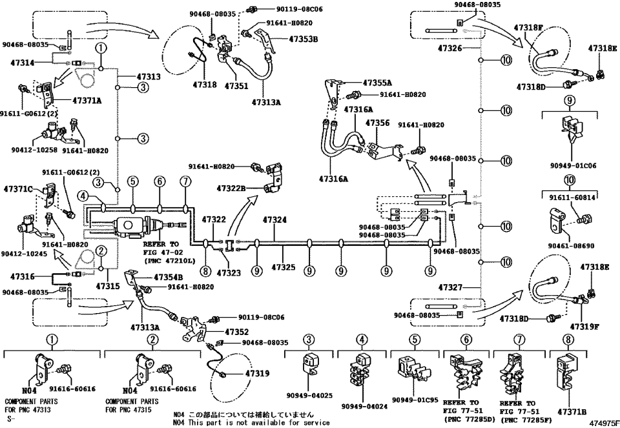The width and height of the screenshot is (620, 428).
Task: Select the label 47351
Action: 237,85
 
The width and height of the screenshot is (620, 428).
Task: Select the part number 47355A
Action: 377,83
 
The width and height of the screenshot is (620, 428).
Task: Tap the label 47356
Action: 377,123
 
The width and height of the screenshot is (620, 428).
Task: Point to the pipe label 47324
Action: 275,220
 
